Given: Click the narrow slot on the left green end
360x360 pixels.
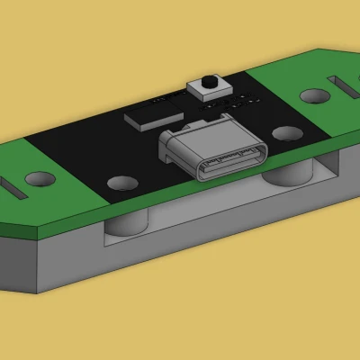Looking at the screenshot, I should click(x=13, y=190).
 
